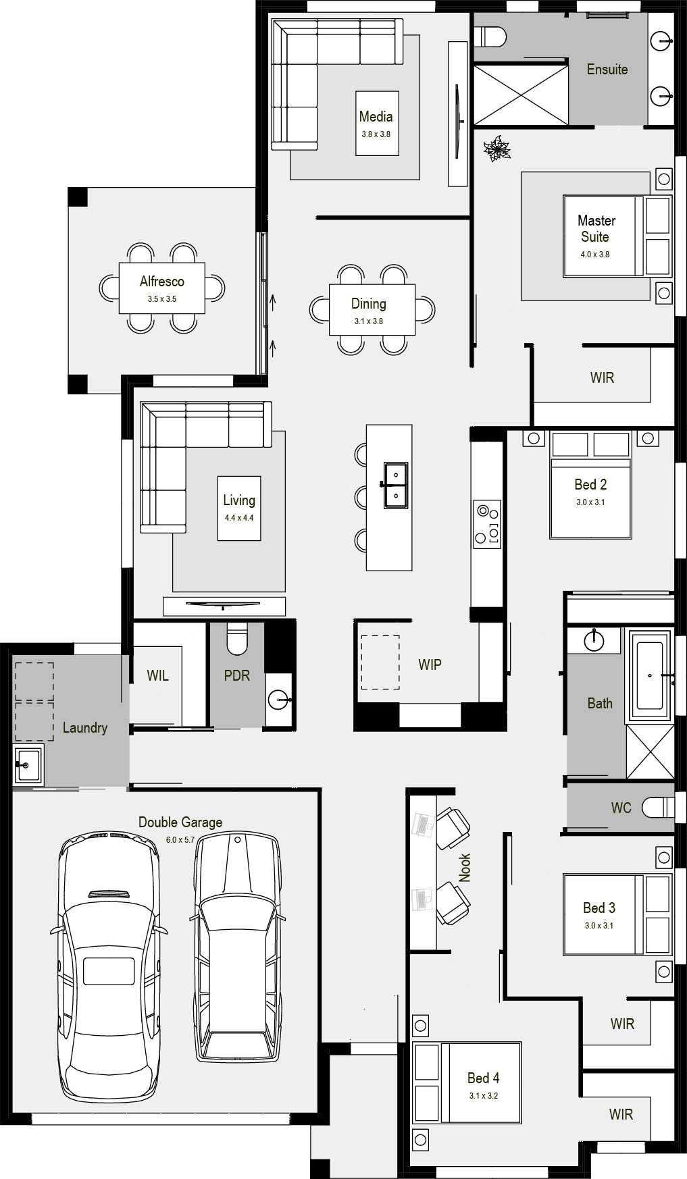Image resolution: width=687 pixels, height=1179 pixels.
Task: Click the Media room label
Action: click(376, 116)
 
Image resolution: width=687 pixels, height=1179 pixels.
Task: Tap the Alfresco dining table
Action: click(162, 288)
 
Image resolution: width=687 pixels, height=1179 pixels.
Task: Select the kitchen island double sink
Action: click(396, 486)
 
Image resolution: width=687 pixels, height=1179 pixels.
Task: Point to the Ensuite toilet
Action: click(490, 36)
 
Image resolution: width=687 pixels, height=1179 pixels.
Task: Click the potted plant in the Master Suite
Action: click(499, 149)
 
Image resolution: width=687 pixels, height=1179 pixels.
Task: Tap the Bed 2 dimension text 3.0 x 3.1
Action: click(590, 502)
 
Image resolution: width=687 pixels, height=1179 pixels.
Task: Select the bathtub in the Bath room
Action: click(649, 675)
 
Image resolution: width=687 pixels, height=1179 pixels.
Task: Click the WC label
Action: click(621, 808)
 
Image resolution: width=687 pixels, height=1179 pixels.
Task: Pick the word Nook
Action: click(465, 868)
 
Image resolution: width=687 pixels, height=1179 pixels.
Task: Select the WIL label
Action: click(157, 675)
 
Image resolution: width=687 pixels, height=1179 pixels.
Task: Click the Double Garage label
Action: click(180, 822)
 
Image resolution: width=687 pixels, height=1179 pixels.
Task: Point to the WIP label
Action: click(430, 664)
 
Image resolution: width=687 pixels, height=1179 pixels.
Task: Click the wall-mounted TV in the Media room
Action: click(457, 114)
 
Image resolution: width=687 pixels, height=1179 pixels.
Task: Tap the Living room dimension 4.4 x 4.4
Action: click(239, 518)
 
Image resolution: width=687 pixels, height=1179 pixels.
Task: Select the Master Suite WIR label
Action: click(602, 377)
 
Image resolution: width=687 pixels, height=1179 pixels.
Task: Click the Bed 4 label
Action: click(484, 1078)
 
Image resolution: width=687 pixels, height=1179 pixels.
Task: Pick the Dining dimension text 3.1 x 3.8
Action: click(369, 321)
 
